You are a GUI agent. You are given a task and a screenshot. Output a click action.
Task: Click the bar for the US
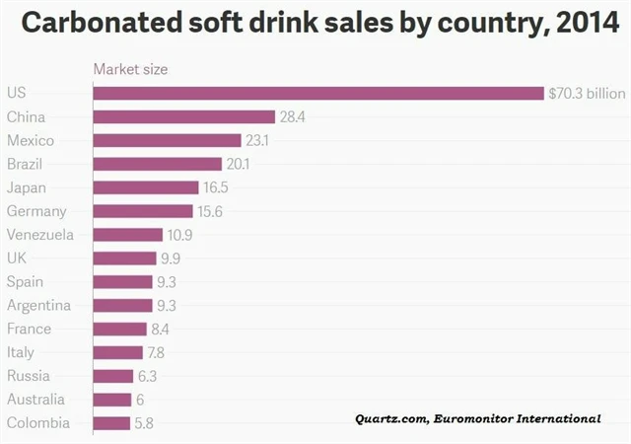point(318,93)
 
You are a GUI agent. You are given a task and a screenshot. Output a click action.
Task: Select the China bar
point(184,116)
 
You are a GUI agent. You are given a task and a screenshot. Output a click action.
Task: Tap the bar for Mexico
point(168,140)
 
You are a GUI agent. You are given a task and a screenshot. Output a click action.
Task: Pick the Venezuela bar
point(128,235)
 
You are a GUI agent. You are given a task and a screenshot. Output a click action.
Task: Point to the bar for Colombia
point(112,423)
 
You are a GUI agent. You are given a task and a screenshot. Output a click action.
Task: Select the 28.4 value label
point(291,116)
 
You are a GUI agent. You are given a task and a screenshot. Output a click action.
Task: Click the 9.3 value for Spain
point(167,282)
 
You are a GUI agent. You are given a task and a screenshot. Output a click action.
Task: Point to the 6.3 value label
point(147,376)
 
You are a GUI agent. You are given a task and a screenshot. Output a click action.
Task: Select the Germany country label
point(36,211)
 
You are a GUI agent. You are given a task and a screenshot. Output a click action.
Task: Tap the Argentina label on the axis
point(38,305)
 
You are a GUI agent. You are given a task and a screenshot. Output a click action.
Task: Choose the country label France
point(29,329)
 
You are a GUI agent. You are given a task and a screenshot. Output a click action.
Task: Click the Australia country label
point(35,400)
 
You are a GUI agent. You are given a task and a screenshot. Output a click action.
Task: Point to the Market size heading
point(130,69)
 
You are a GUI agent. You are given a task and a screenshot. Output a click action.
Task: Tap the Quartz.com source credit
point(390,419)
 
